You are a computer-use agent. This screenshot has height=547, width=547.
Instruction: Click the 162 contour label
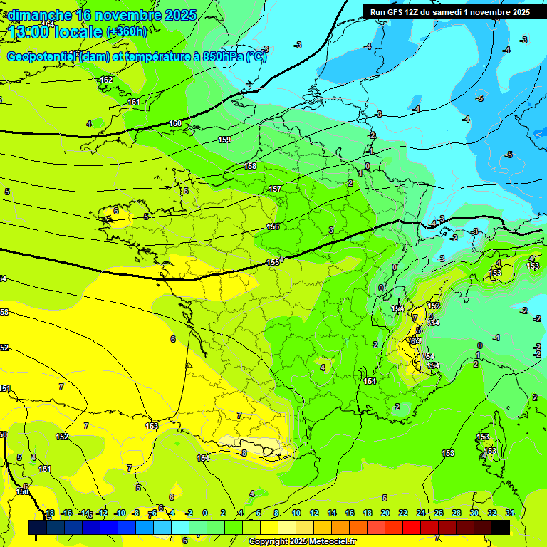coord(106,80)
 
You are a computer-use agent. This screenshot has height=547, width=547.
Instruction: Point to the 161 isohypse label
coord(134,102)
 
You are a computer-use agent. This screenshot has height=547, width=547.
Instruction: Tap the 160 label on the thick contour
coord(175,124)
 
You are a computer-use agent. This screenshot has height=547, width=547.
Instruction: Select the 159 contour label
coord(224,140)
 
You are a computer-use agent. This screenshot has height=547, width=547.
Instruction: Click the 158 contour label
coord(250,166)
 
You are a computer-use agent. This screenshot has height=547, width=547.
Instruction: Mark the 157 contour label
coord(275,189)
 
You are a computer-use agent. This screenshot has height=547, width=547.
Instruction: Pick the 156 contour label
coord(273,226)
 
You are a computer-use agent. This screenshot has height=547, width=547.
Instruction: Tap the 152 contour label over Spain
coord(62,437)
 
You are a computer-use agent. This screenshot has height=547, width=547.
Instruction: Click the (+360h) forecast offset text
coord(127,32)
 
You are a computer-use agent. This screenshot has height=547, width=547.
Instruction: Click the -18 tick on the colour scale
coord(48,513)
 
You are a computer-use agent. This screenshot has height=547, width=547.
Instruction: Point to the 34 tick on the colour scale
coord(510,513)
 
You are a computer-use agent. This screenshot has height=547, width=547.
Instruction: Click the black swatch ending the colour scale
coord(501,527)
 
